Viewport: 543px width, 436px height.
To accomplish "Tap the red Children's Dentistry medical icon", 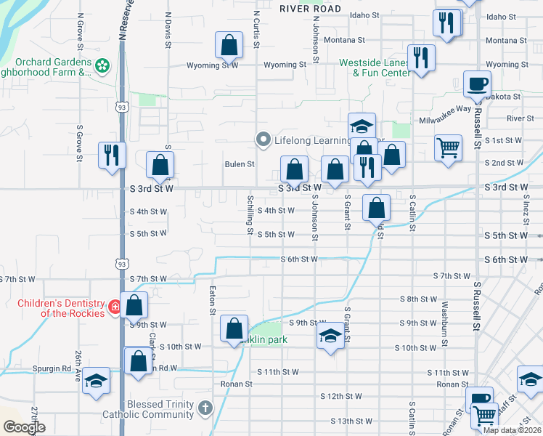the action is point(114,307).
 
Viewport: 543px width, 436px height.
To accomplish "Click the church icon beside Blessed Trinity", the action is point(206,408).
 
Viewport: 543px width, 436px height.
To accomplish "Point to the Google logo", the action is point(24,427).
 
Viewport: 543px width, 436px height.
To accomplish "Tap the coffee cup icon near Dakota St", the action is point(477,84).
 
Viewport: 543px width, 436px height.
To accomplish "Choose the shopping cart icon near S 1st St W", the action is point(448,148).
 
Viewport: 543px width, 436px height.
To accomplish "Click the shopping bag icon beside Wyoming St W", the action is point(229,45).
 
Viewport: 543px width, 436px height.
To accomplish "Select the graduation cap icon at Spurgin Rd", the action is point(96,381).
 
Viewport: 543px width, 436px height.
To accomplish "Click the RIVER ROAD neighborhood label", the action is point(310,8).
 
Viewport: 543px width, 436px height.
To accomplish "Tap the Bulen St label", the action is point(239,164).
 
